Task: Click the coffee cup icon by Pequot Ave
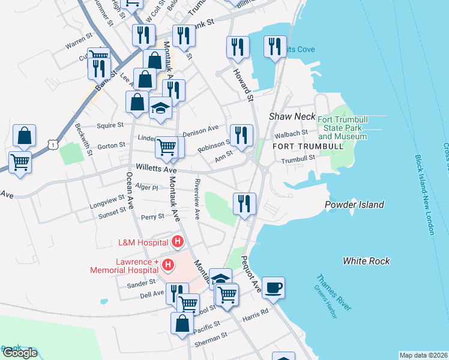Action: pos(273,287)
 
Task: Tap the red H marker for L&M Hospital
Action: pos(178,242)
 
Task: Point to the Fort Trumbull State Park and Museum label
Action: pos(342,128)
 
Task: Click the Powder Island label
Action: pos(354,205)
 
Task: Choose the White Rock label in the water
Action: pos(366,261)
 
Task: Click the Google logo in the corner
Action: pos(19,353)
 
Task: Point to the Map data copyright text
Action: pos(423,355)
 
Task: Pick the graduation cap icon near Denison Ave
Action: pos(160,108)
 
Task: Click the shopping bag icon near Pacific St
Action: pos(182,323)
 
